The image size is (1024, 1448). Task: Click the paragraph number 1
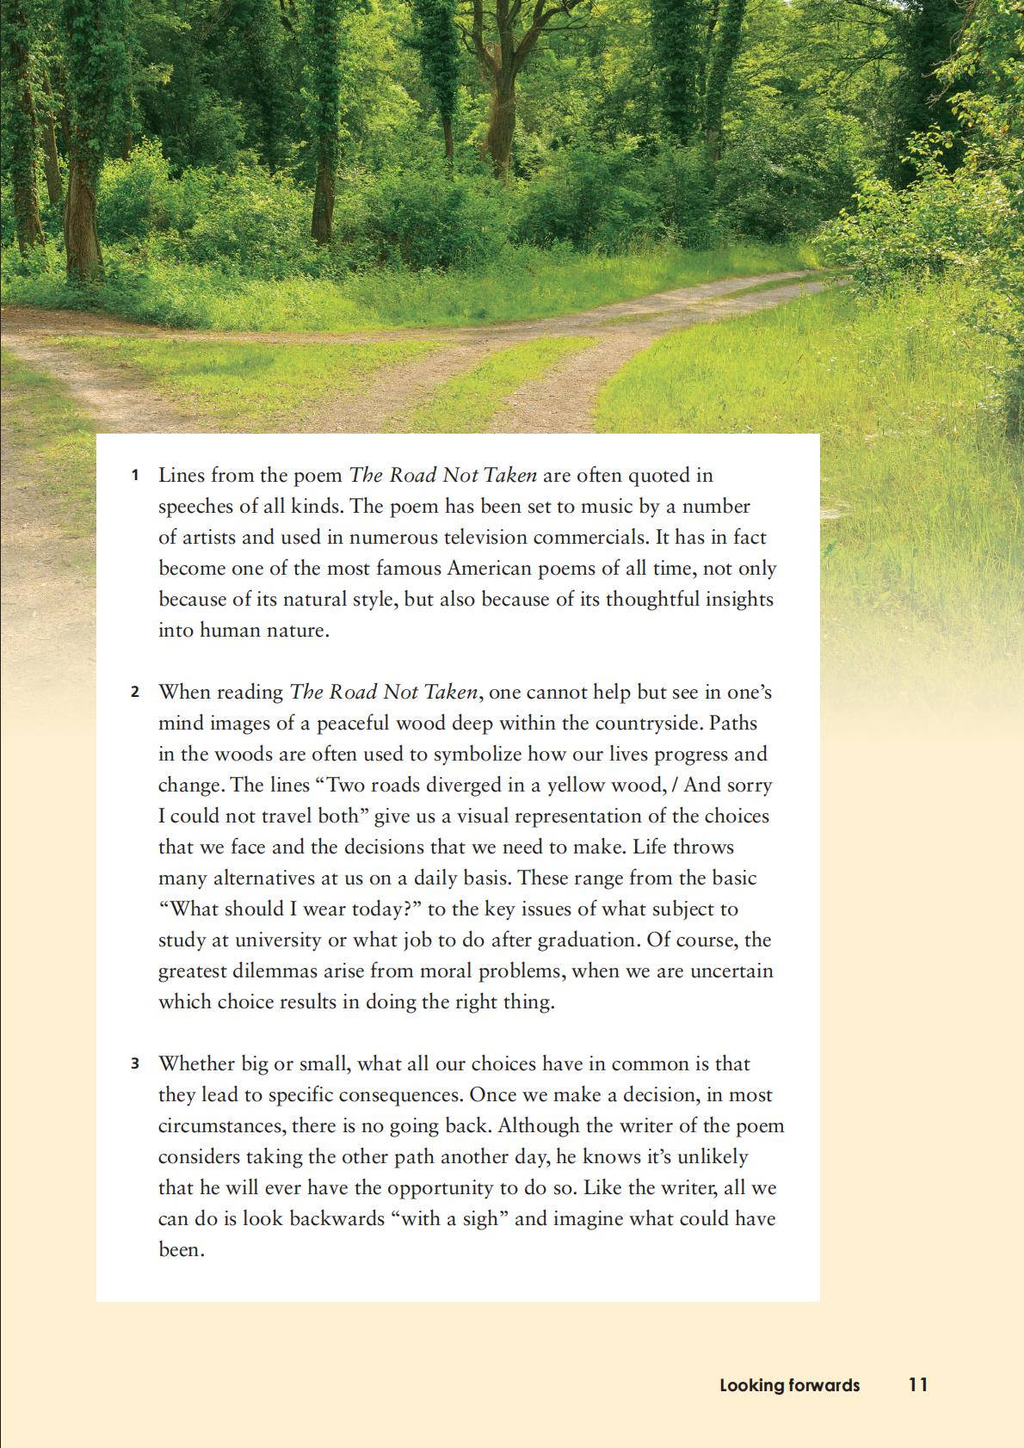pyautogui.click(x=135, y=476)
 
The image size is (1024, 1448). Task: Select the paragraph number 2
pyautogui.click(x=135, y=693)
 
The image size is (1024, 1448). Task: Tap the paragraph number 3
pyautogui.click(x=135, y=1064)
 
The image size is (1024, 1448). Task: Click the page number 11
pyautogui.click(x=918, y=1385)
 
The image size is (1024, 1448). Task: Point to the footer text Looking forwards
pyautogui.click(x=789, y=1385)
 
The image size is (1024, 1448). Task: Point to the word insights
pyautogui.click(x=738, y=600)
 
